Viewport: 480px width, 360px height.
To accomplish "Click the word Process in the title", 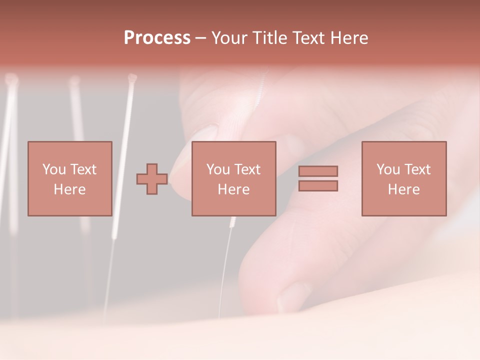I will pos(157,38).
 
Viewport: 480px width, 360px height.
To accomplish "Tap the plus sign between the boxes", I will pos(152,179).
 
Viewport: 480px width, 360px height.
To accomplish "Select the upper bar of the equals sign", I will pos(318,171).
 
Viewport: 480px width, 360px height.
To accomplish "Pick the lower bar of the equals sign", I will pos(318,185).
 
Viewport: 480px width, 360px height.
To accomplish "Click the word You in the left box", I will pos(53,169).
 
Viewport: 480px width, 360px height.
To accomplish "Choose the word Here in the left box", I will pos(69,189).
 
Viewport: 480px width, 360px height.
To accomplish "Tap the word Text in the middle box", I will pos(248,169).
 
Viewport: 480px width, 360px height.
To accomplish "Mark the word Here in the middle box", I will pos(233,189).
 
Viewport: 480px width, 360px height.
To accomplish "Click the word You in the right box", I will pos(387,169).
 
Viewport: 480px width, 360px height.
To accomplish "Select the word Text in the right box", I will pos(418,169).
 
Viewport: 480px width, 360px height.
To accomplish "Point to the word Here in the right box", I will pos(403,189).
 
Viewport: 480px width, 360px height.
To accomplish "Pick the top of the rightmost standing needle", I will pos(132,77).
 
